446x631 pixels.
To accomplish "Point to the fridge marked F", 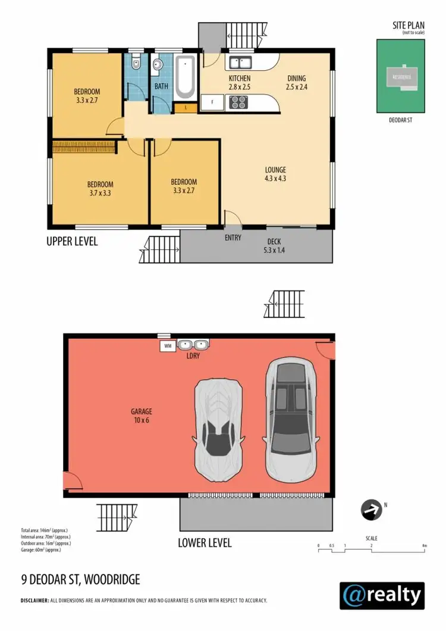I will pyautogui.click(x=212, y=103).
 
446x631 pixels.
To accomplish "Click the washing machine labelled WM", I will pyautogui.click(x=167, y=345).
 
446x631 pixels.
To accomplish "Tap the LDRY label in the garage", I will pyautogui.click(x=193, y=355).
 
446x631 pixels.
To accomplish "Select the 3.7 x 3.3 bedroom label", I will pyautogui.click(x=100, y=188).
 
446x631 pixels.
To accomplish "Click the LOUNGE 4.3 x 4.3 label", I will pyautogui.click(x=275, y=173).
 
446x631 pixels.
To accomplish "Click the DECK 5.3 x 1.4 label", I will pyautogui.click(x=274, y=245).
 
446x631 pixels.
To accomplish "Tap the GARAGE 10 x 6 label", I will pyautogui.click(x=142, y=416).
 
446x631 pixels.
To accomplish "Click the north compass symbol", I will pyautogui.click(x=370, y=509).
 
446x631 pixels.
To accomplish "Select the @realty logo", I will pyautogui.click(x=382, y=595).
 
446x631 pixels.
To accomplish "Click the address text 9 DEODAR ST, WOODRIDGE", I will pyautogui.click(x=80, y=579).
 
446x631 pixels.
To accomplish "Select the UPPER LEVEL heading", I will pyautogui.click(x=72, y=242).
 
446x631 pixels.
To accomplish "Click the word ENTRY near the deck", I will pyautogui.click(x=233, y=238).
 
